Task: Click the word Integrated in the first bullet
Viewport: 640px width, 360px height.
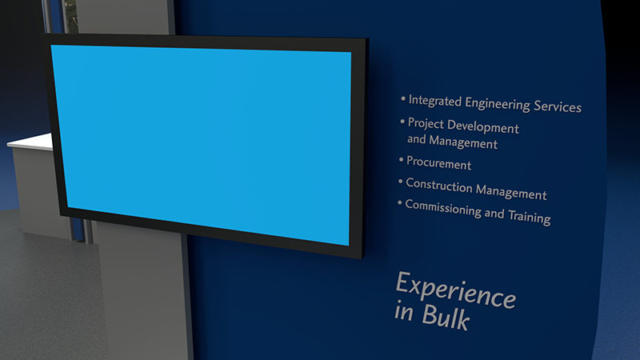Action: click(435, 101)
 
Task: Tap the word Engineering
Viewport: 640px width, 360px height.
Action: click(498, 104)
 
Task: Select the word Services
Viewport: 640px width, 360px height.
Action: click(558, 106)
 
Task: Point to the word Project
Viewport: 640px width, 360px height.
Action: click(426, 124)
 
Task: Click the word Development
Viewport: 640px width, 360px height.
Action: click(483, 126)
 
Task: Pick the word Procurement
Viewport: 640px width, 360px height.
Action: click(438, 163)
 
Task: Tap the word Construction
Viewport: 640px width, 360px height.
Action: click(439, 185)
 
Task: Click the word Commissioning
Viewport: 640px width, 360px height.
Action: click(443, 209)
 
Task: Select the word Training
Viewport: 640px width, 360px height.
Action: click(530, 216)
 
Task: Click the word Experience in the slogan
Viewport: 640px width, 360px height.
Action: click(456, 290)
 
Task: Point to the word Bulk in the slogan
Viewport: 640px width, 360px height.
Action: click(446, 317)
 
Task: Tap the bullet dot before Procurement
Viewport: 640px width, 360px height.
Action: click(402, 159)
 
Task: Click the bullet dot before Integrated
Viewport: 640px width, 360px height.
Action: click(403, 98)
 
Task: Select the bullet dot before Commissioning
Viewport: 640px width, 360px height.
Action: click(399, 202)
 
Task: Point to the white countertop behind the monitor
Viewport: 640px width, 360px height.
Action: click(30, 142)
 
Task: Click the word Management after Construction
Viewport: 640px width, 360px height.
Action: click(511, 192)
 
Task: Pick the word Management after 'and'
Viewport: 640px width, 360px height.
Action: click(463, 142)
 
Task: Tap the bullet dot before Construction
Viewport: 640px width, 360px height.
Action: click(401, 181)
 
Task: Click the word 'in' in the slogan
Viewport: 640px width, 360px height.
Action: click(404, 311)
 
